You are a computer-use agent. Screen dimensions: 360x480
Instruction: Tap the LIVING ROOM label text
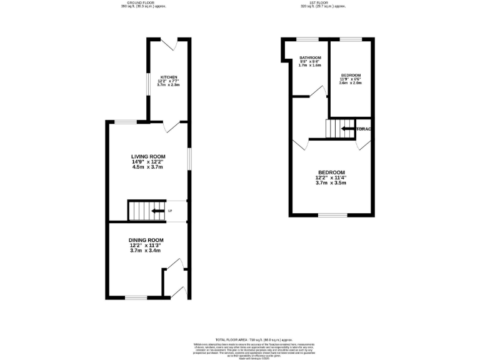coord(147,156)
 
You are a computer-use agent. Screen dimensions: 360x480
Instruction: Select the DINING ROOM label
coord(146,240)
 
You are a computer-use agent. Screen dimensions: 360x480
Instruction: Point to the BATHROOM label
coord(309,57)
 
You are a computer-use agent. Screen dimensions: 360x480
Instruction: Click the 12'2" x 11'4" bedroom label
coord(331,172)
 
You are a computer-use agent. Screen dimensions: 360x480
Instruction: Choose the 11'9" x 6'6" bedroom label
coord(350,75)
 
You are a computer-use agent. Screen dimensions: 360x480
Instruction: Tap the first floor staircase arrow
coord(345,129)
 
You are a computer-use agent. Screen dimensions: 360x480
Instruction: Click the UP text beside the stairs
coord(169,211)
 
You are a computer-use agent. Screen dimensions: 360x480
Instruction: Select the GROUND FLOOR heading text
coord(141,2)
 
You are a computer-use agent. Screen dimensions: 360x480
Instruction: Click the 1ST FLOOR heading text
coord(323,2)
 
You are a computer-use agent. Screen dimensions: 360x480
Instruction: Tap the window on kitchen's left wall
coord(147,86)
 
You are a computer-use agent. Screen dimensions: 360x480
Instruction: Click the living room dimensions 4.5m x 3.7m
coord(147,167)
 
